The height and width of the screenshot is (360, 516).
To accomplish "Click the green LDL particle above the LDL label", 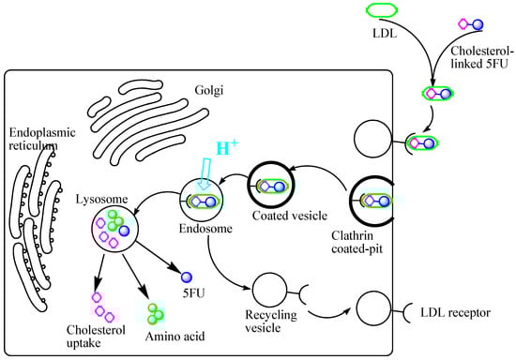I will tap(386, 13).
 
